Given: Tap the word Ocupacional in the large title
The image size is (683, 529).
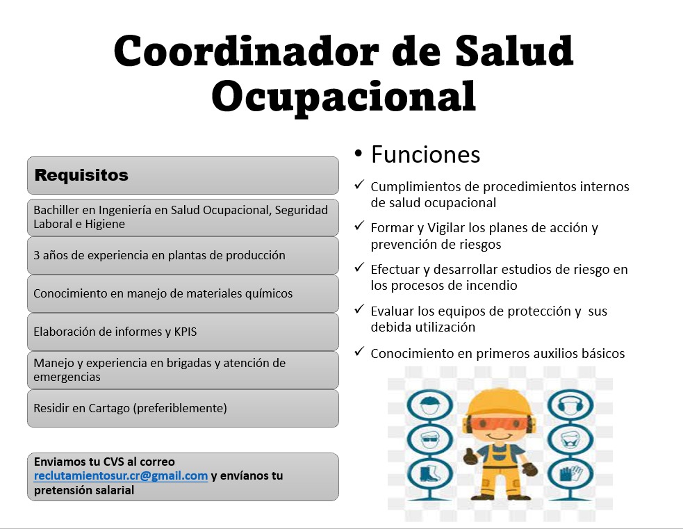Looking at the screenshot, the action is coord(344,97).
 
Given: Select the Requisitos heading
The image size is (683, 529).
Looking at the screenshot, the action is coord(81,175).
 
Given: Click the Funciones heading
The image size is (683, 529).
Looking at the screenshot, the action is coord(425,154).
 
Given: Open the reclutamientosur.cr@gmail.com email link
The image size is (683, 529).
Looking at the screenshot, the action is coord(121,475).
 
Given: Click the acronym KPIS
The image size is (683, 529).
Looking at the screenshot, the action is coord(186,332).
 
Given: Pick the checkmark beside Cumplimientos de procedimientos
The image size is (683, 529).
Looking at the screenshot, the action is coord(359,185).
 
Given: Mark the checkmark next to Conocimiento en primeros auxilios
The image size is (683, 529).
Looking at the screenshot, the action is coord(359,351).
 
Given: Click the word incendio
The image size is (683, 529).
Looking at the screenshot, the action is coord(492,286).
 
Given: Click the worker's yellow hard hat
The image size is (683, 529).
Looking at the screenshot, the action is coord(499,402).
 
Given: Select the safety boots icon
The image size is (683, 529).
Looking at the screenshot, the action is coord(430,475).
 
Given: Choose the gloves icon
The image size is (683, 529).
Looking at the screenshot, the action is coord(570,475).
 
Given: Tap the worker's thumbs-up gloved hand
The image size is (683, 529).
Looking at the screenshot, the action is coord(471,456).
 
